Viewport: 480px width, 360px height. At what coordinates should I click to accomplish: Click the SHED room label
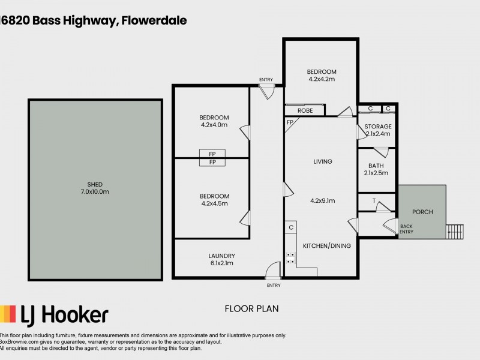94,184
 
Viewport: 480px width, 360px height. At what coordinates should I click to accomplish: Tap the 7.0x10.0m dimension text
94,191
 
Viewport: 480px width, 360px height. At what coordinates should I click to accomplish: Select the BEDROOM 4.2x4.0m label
214,121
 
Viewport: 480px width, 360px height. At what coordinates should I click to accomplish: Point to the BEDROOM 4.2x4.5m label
214,200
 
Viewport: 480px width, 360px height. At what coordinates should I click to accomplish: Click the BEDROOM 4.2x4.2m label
322,75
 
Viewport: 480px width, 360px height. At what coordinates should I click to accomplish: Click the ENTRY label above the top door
266,80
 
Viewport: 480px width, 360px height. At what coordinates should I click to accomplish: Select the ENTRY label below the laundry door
274,285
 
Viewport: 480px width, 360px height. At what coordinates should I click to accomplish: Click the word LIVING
322,161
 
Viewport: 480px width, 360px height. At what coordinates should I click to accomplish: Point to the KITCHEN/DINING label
326,245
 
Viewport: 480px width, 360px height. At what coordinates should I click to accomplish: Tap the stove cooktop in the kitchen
290,259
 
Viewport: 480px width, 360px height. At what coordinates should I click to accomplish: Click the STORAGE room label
378,127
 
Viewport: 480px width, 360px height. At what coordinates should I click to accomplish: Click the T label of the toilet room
374,201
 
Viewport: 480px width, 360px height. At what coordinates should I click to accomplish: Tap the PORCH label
422,212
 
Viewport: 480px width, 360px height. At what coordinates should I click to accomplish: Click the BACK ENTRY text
406,229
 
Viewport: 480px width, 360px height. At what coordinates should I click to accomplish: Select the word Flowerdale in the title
155,20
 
